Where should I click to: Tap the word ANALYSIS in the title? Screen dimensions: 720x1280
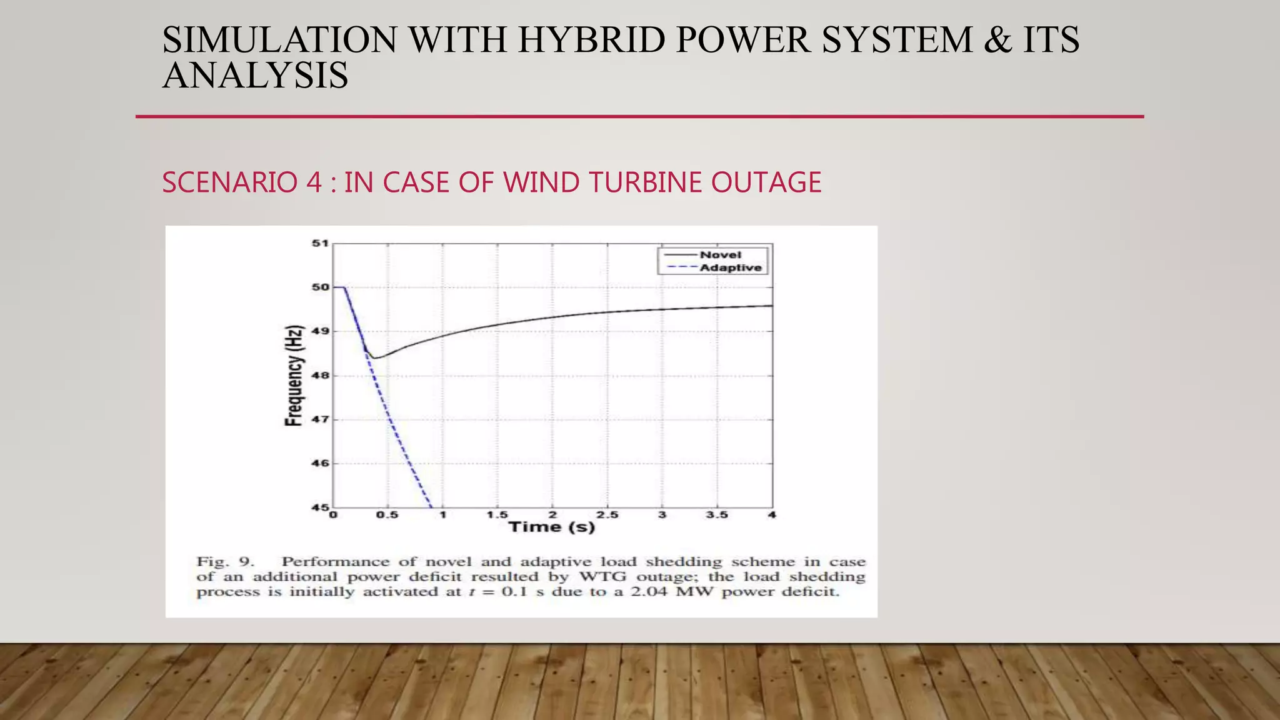tap(255, 76)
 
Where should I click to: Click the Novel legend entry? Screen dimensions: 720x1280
tap(720, 255)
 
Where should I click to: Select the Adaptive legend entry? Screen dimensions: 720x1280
tap(730, 268)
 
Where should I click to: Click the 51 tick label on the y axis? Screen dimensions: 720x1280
tap(320, 243)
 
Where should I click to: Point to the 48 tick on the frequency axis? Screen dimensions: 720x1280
tap(320, 376)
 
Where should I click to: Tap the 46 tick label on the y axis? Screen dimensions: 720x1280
tap(320, 464)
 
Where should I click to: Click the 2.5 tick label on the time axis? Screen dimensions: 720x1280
tap(607, 515)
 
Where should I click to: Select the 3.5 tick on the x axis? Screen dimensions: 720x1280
tap(717, 515)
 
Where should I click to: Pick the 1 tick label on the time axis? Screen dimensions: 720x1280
tap(443, 515)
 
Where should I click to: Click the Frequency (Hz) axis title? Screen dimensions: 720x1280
tap(294, 376)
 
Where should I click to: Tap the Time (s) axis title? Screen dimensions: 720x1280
tap(552, 527)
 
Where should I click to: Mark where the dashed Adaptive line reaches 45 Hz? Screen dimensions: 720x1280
tap(431, 506)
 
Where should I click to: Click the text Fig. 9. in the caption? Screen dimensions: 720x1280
tap(224, 561)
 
